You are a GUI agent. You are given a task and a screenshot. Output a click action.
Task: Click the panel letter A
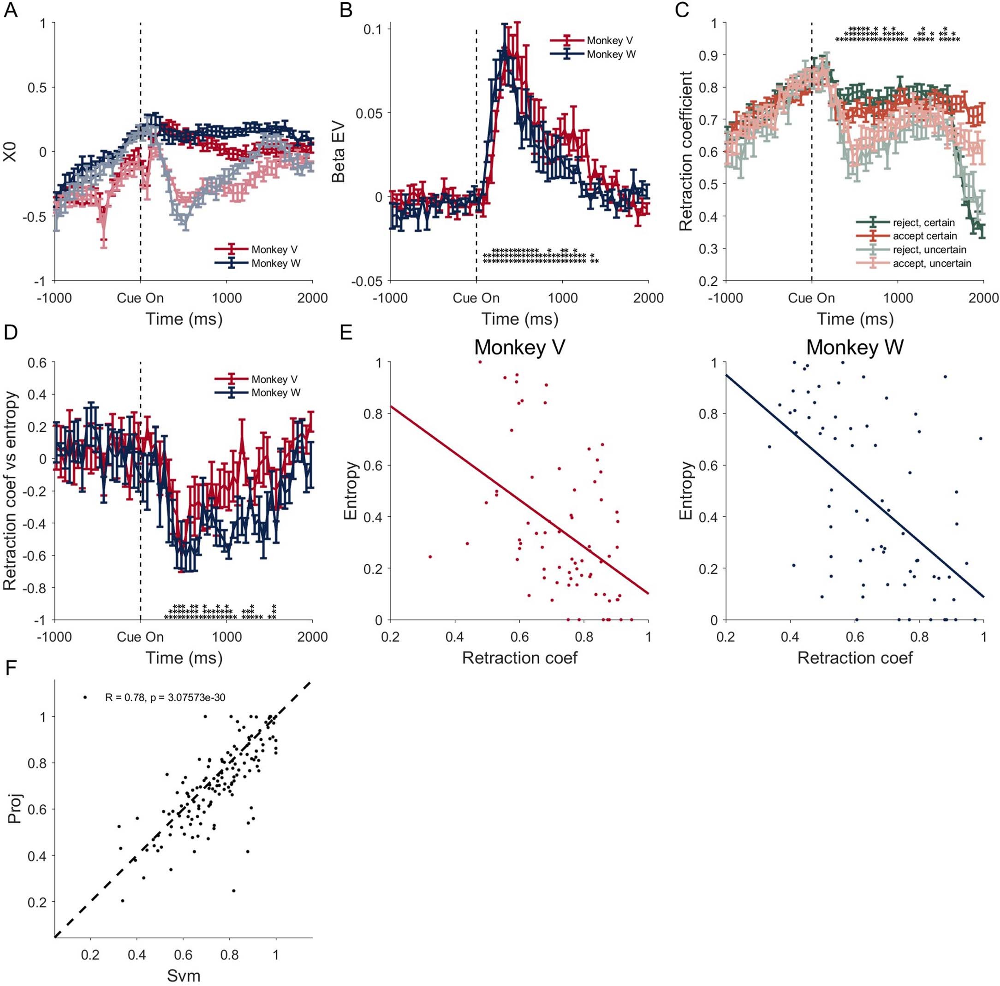click(10, 10)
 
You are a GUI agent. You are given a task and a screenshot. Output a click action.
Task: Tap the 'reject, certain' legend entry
click(923, 223)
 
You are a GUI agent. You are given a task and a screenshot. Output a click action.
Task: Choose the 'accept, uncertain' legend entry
click(932, 263)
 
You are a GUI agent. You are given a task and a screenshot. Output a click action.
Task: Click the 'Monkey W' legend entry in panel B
click(611, 54)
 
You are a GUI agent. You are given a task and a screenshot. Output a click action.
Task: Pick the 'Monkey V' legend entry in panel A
click(274, 249)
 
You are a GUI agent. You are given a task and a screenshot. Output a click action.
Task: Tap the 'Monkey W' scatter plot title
click(855, 347)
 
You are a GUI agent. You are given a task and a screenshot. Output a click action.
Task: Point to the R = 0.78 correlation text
click(165, 697)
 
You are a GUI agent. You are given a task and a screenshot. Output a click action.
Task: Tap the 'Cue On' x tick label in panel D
click(140, 637)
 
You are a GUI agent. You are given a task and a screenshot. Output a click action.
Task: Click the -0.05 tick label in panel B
click(366, 281)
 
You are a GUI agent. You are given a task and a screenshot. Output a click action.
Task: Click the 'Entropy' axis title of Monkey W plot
click(686, 490)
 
